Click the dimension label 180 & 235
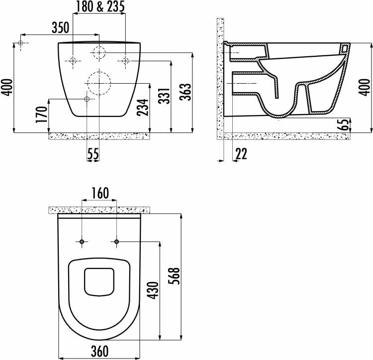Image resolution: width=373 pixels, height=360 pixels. [100, 6]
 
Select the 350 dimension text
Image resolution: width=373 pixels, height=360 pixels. [60, 27]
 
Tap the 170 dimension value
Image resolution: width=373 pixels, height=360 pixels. [41, 115]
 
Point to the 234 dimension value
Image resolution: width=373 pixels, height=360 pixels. [143, 107]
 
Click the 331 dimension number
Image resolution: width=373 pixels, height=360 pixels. [164, 96]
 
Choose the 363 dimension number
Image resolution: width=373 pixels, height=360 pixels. [186, 92]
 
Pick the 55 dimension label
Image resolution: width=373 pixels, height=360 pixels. [93, 154]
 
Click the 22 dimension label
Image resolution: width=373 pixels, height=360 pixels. [241, 153]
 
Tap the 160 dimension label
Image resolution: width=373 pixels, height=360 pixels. [100, 193]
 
